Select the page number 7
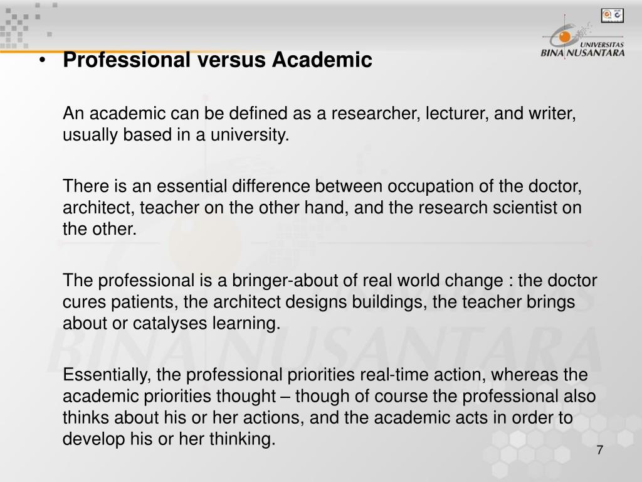coord(599,451)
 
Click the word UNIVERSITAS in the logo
coord(601,45)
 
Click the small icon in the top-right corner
coord(609,14)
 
